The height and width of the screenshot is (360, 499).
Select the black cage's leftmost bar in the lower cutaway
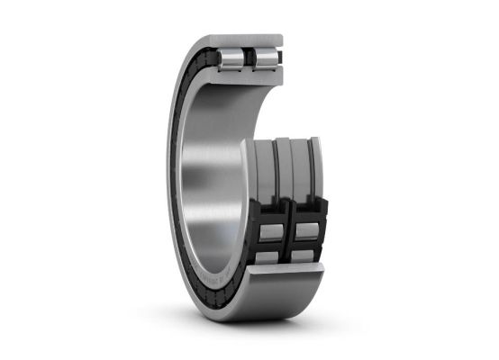tap(256, 225)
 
